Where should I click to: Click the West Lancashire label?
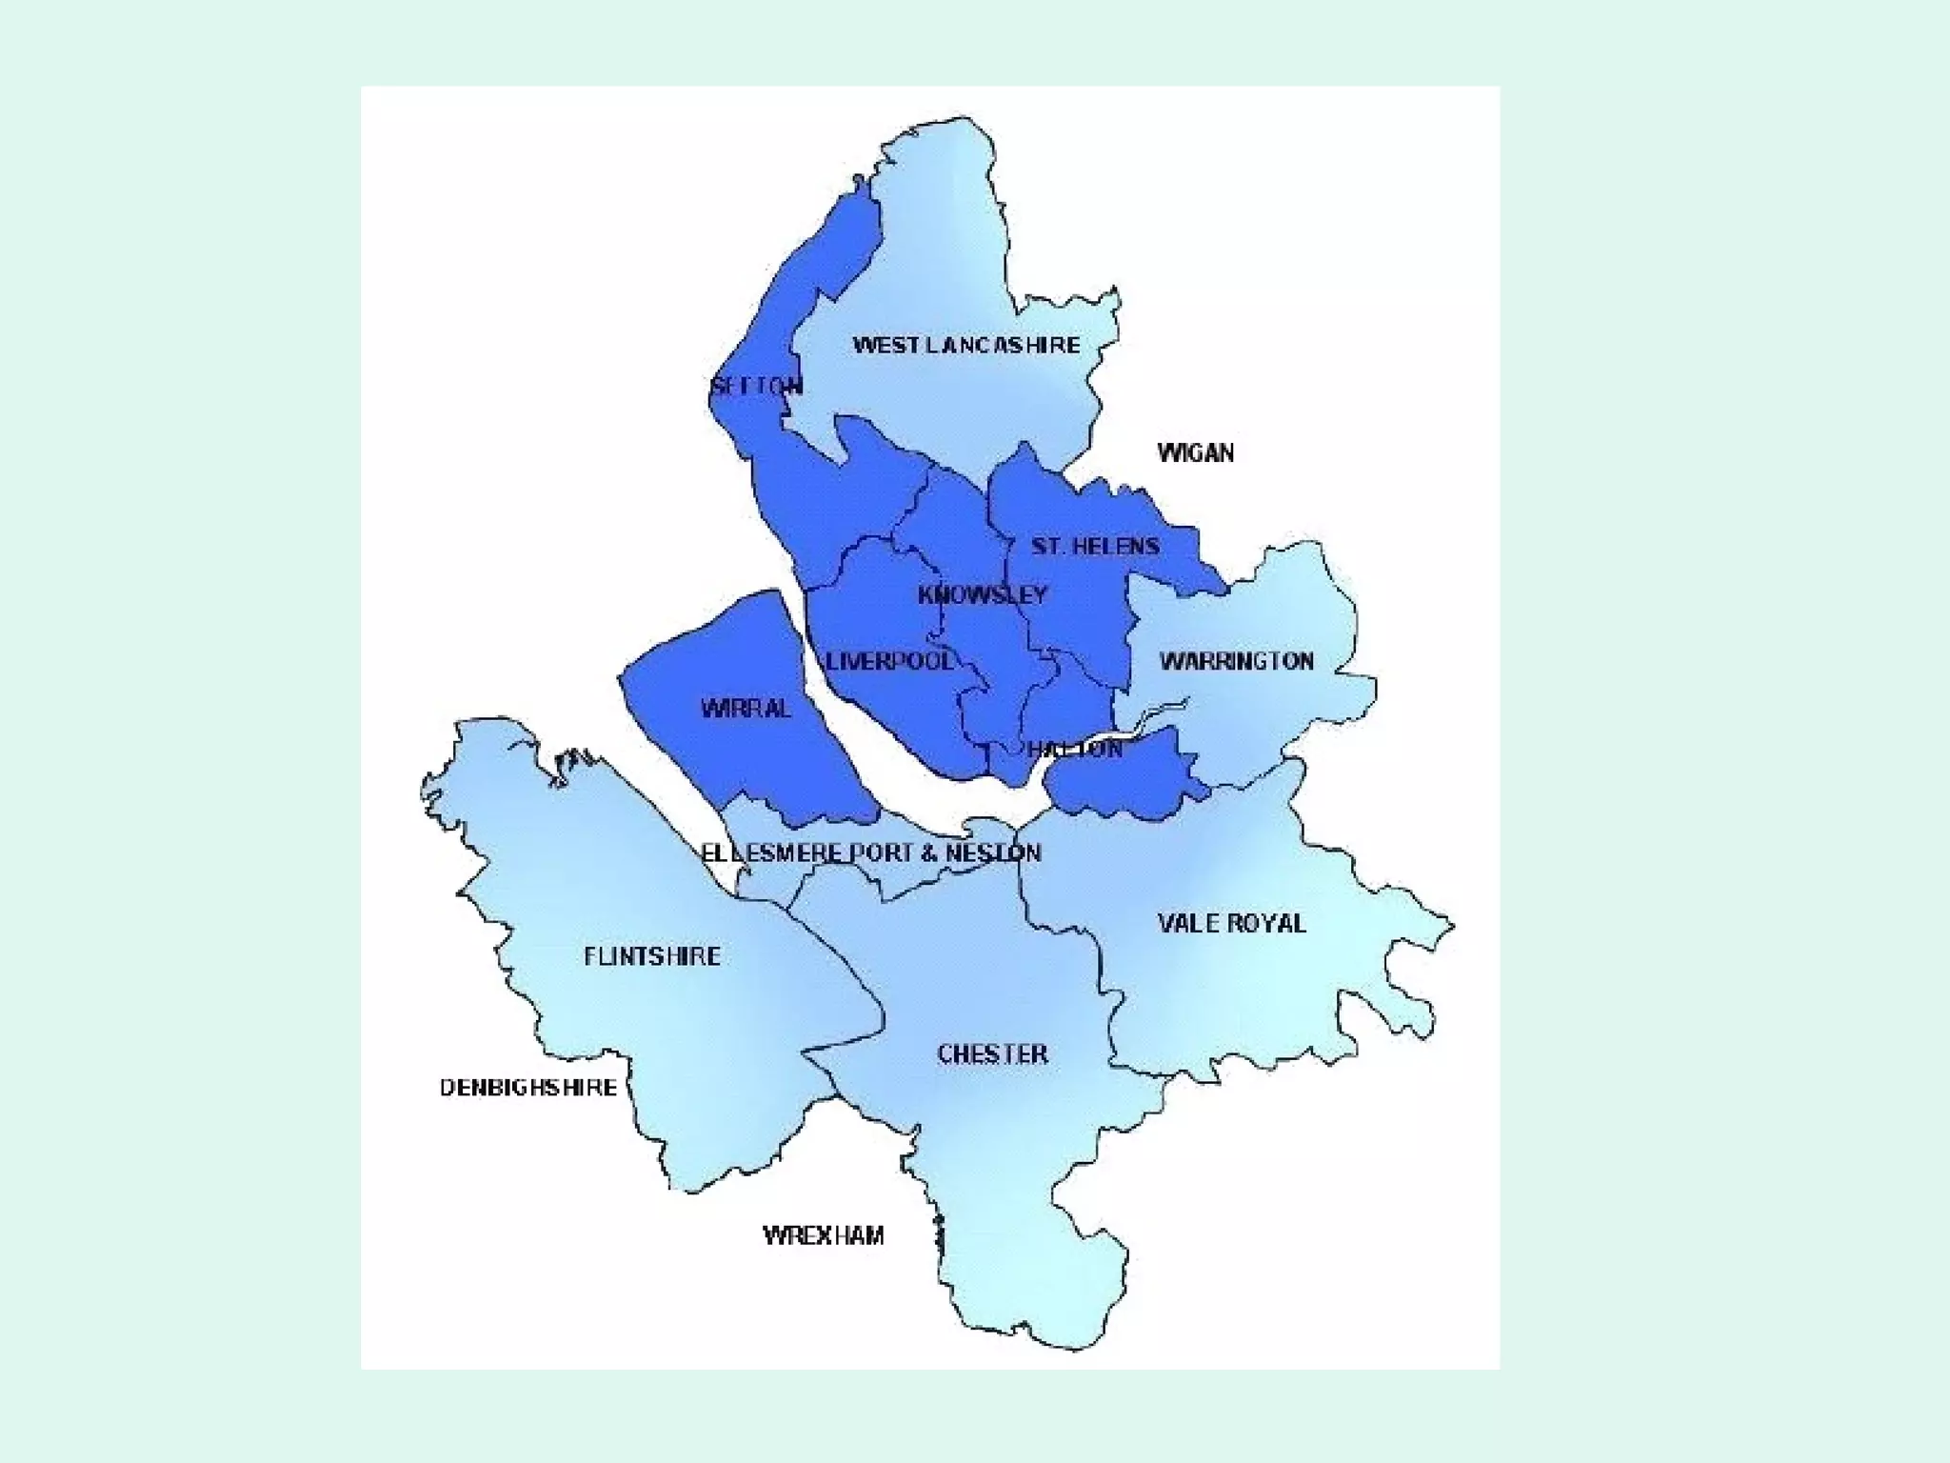(x=965, y=345)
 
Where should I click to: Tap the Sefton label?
(x=757, y=386)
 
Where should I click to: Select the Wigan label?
(x=1196, y=452)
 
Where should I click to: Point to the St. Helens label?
(x=1095, y=546)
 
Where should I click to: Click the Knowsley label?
(x=983, y=595)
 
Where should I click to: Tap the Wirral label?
(x=746, y=709)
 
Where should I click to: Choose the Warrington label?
(x=1237, y=661)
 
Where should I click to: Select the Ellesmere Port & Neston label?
(x=871, y=852)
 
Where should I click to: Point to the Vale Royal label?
(x=1232, y=923)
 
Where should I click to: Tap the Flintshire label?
(x=652, y=956)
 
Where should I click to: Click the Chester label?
(x=993, y=1054)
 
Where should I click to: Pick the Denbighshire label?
(x=528, y=1088)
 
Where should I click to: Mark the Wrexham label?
(x=824, y=1235)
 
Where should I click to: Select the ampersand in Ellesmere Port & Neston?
(x=928, y=852)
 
